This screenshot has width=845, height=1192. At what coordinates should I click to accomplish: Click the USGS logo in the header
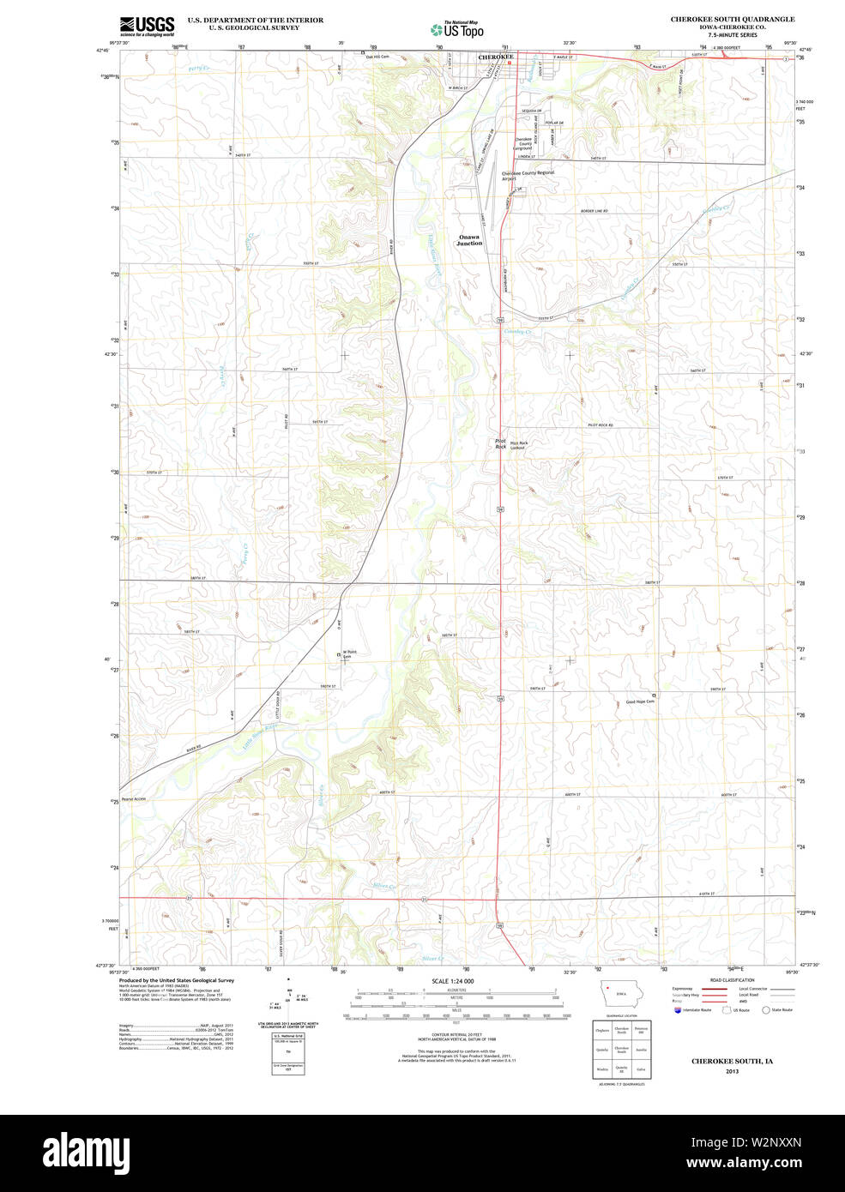click(x=147, y=25)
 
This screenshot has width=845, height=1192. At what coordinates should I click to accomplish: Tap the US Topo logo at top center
click(x=457, y=29)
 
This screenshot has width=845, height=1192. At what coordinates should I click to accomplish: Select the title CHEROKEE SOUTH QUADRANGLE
click(x=732, y=19)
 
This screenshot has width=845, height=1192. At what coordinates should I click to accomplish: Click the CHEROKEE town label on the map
click(x=496, y=57)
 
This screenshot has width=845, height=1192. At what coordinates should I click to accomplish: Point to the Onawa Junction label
click(x=469, y=240)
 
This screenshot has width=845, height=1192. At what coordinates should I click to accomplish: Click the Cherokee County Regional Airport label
click(x=528, y=173)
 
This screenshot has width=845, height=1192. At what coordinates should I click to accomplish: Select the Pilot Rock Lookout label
click(x=518, y=445)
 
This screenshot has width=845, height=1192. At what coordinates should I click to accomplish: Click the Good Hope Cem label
click(x=640, y=701)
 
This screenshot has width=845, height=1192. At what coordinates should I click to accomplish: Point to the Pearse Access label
click(x=134, y=798)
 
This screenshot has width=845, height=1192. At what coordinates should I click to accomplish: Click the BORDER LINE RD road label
click(x=593, y=211)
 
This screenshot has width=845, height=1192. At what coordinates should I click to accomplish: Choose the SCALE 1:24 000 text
click(x=452, y=981)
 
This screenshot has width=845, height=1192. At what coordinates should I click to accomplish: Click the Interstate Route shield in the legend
click(x=679, y=1010)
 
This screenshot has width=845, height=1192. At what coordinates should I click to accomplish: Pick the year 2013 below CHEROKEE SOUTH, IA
click(x=732, y=1071)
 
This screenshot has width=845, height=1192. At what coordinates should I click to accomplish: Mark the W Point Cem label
click(x=348, y=654)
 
